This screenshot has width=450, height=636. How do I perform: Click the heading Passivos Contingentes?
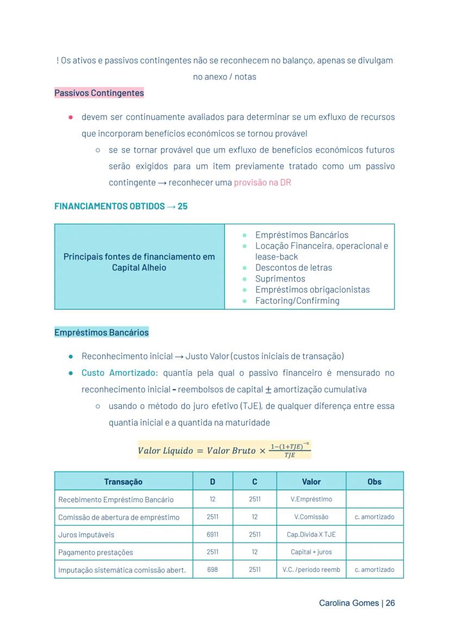coord(99,93)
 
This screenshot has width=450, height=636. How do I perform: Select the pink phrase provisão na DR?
coord(262,183)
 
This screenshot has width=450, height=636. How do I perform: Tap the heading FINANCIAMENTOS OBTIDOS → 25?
coord(121,206)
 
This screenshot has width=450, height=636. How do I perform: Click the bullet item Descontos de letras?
coord(293,268)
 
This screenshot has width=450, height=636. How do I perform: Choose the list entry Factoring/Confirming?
coord(297,301)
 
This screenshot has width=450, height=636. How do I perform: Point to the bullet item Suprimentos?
coord(280,279)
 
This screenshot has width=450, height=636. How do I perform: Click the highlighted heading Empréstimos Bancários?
coord(101,332)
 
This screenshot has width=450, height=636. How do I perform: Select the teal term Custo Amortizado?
coord(120,373)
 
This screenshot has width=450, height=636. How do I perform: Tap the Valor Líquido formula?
coord(224,450)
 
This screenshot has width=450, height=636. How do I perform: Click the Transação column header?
coord(123,481)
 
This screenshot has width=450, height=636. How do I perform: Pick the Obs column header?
coord(374,481)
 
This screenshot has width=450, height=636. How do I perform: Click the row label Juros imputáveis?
coord(86,535)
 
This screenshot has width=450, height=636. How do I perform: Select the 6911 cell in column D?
coord(212,534)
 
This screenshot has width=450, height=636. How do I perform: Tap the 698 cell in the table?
coord(212,570)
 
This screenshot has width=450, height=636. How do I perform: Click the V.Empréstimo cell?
coord(311,499)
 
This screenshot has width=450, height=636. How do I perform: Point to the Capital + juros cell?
coord(311,552)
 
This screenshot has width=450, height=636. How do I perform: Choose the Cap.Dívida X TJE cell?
coord(311,534)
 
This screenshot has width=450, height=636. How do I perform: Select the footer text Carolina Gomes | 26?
coord(357,603)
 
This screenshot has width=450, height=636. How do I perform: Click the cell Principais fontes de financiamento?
coord(139,262)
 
